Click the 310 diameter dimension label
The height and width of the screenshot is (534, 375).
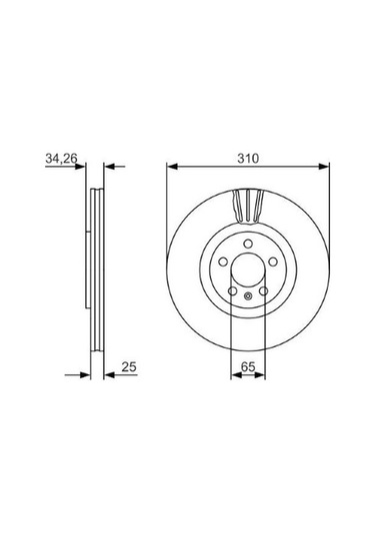click(x=248, y=159)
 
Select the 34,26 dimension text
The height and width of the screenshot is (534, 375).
click(x=61, y=158)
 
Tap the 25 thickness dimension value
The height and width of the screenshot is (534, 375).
click(x=129, y=366)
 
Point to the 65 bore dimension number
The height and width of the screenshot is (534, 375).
click(x=248, y=366)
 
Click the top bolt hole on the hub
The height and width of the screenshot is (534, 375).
click(x=248, y=244)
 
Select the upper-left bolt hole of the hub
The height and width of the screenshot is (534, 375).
click(x=223, y=262)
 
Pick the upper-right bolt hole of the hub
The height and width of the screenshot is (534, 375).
click(x=273, y=262)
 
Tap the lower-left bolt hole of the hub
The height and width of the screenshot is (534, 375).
click(x=232, y=291)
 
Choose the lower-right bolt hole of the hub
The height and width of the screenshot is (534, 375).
click(x=263, y=291)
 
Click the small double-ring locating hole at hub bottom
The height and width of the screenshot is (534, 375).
click(x=248, y=296)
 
